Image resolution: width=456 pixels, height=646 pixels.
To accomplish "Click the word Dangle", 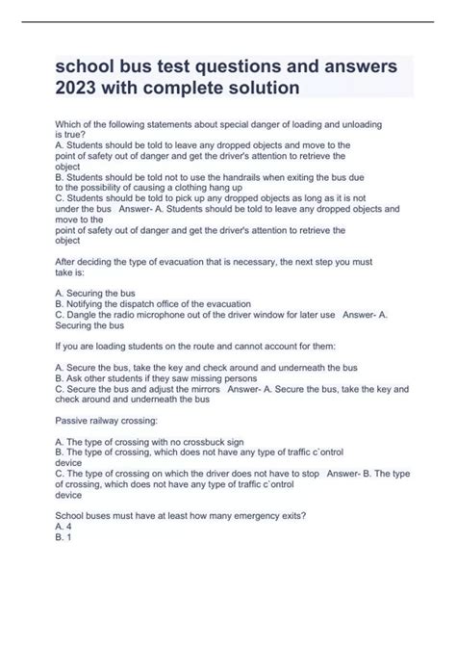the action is point(89,314).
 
